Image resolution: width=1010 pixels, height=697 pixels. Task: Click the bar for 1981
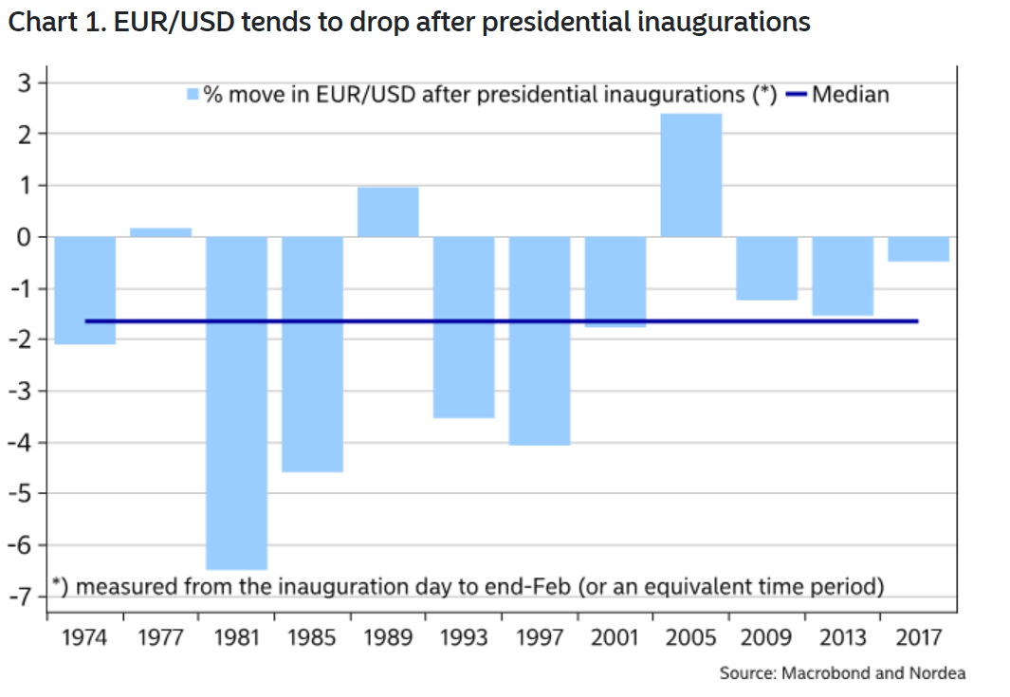(x=236, y=402)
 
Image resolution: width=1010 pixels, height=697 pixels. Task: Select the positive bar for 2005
(x=690, y=175)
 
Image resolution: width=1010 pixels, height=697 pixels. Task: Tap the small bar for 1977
(x=160, y=232)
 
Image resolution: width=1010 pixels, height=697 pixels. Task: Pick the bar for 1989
(x=388, y=211)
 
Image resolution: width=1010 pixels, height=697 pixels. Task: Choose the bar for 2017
(x=918, y=248)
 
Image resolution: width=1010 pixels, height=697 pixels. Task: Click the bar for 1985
(x=312, y=354)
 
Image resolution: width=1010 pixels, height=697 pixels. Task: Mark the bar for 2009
(x=766, y=267)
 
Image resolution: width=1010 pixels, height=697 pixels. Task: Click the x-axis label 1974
(x=84, y=636)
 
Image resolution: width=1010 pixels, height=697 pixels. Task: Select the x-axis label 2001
(x=615, y=636)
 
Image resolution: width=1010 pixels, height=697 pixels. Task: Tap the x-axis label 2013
(x=842, y=636)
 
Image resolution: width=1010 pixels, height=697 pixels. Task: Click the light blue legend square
(x=193, y=94)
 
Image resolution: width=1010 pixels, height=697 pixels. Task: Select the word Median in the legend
(x=851, y=94)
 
